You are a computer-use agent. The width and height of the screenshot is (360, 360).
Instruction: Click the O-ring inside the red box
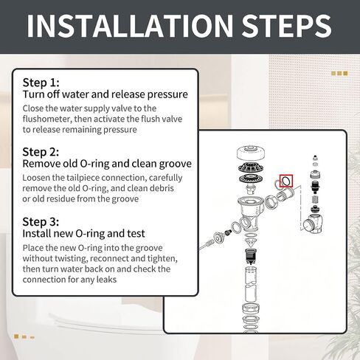(283, 181)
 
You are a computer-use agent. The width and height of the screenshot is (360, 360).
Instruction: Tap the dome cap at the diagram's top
(251, 153)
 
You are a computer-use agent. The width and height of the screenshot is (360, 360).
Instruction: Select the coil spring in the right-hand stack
(315, 200)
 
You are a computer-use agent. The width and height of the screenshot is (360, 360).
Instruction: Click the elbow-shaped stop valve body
(313, 224)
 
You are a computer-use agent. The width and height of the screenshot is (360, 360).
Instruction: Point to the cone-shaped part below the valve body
(251, 242)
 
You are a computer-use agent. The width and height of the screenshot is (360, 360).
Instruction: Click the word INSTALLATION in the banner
(130, 26)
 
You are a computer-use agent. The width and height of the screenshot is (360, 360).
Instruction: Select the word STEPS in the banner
(286, 26)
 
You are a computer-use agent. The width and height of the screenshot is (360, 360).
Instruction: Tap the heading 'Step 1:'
(41, 83)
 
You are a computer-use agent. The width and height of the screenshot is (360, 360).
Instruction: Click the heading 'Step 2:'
(41, 152)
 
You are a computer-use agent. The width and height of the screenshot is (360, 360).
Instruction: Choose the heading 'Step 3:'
(41, 221)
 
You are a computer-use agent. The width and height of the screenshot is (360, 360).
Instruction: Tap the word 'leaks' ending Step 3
(106, 280)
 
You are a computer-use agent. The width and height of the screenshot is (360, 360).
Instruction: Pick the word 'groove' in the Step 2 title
(176, 164)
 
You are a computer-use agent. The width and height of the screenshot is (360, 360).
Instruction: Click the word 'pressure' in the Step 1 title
(167, 94)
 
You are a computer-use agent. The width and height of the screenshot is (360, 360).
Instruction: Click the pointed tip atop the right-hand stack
(315, 158)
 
